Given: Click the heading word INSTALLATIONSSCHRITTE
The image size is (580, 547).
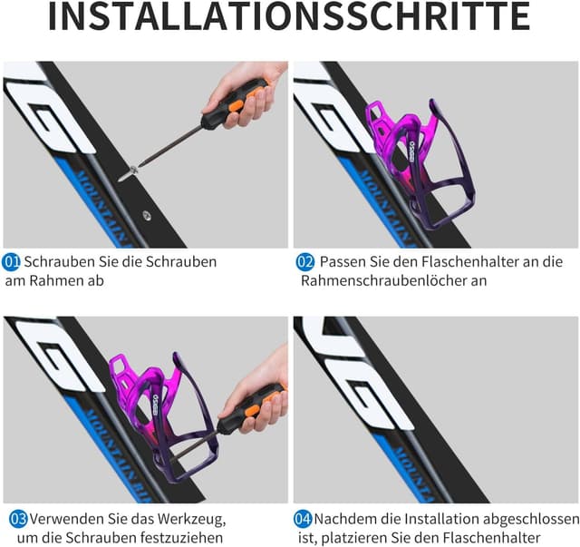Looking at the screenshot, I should pos(289,18).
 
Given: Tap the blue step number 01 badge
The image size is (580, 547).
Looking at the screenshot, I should pos(13,262).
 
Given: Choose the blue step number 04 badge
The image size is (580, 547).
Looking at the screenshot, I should pos(304,520).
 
